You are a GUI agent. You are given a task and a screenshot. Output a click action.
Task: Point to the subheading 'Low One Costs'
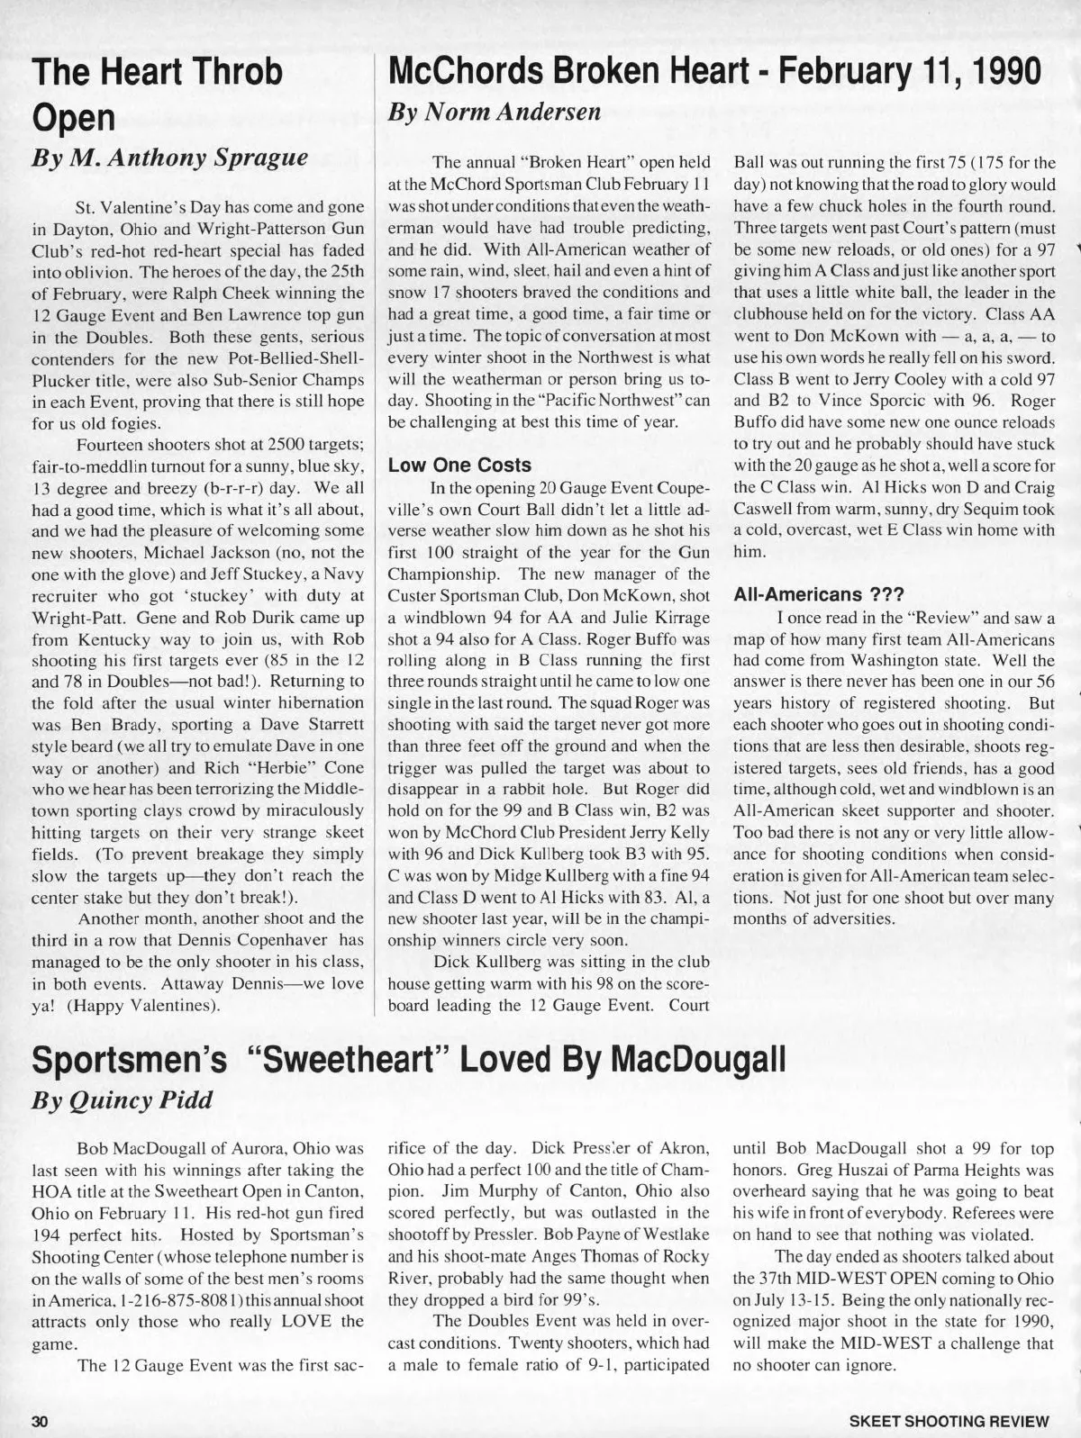(x=459, y=466)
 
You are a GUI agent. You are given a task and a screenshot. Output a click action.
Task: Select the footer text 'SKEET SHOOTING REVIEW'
(x=949, y=1422)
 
